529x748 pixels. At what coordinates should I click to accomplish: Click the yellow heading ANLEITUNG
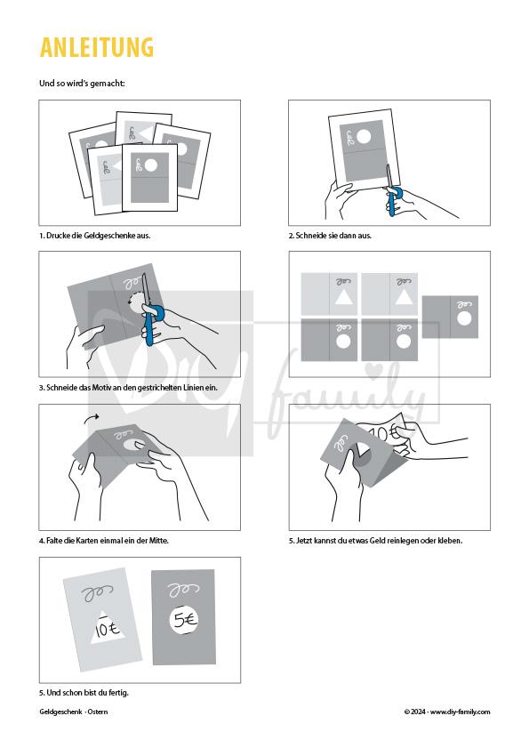[97, 47]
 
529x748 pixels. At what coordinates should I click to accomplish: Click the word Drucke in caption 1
[58, 235]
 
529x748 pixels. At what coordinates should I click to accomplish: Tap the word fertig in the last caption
[118, 692]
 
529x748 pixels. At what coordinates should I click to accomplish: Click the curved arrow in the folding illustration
[91, 418]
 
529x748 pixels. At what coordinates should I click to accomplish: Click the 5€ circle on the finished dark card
[184, 620]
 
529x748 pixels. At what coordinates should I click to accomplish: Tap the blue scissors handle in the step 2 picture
[393, 201]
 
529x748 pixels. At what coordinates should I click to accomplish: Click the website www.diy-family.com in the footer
[460, 712]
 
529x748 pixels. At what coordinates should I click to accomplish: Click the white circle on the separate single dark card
[463, 318]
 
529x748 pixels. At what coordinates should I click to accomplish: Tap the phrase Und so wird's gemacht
[82, 83]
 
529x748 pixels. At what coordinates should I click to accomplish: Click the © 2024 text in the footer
[414, 712]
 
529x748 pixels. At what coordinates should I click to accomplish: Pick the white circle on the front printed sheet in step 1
[150, 165]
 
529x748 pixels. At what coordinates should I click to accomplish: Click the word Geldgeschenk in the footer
[60, 712]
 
